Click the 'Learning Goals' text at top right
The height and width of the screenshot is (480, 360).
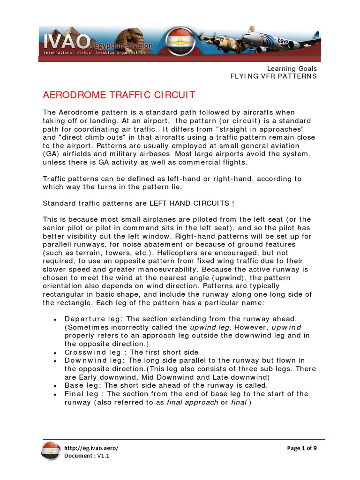pyautogui.click(x=292, y=68)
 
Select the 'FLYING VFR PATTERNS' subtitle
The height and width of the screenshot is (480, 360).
pyautogui.click(x=273, y=76)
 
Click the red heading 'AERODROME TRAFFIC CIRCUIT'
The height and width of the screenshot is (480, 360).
pyautogui.click(x=119, y=96)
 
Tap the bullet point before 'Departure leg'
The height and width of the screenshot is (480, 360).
pyautogui.click(x=55, y=320)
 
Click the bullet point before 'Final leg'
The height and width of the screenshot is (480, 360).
pyautogui.click(x=55, y=394)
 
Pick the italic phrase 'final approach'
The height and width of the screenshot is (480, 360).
pyautogui.click(x=192, y=402)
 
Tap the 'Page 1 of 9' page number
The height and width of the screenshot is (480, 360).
pyautogui.click(x=301, y=448)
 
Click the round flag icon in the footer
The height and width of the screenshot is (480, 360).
pyautogui.click(x=51, y=452)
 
